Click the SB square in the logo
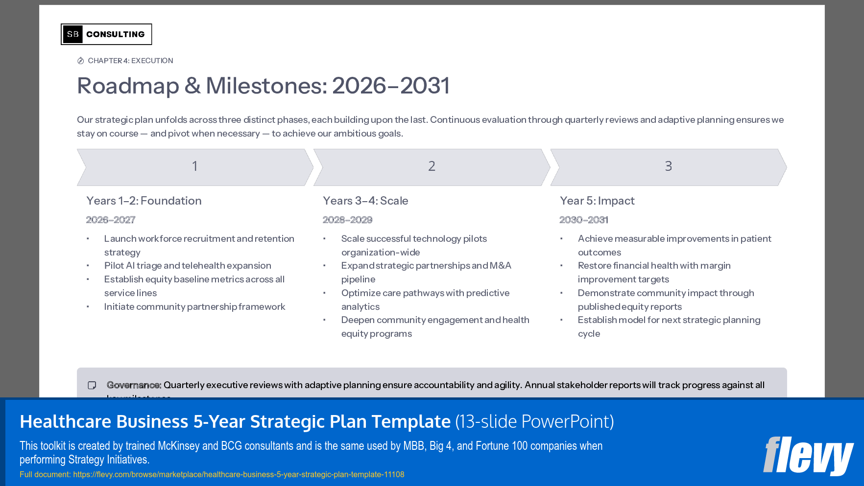pyautogui.click(x=72, y=34)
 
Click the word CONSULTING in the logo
pyautogui.click(x=116, y=34)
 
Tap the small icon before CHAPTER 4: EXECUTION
pyautogui.click(x=81, y=61)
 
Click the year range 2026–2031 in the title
pyautogui.click(x=390, y=86)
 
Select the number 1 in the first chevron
pyautogui.click(x=194, y=166)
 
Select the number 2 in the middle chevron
pyautogui.click(x=432, y=166)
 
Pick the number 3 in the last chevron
pyautogui.click(x=668, y=166)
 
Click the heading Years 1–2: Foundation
pyautogui.click(x=144, y=201)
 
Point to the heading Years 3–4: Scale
pyautogui.click(x=365, y=201)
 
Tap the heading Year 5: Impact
pyautogui.click(x=597, y=201)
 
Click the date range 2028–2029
pyautogui.click(x=347, y=220)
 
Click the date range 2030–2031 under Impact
pyautogui.click(x=584, y=220)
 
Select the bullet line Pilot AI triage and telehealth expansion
pyautogui.click(x=188, y=265)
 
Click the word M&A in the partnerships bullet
pyautogui.click(x=501, y=265)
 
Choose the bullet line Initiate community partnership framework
pyautogui.click(x=194, y=306)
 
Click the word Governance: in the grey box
pyautogui.click(x=134, y=385)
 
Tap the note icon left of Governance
pyautogui.click(x=92, y=385)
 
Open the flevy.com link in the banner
pyautogui.click(x=239, y=474)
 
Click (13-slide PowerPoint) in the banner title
pyautogui.click(x=534, y=421)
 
